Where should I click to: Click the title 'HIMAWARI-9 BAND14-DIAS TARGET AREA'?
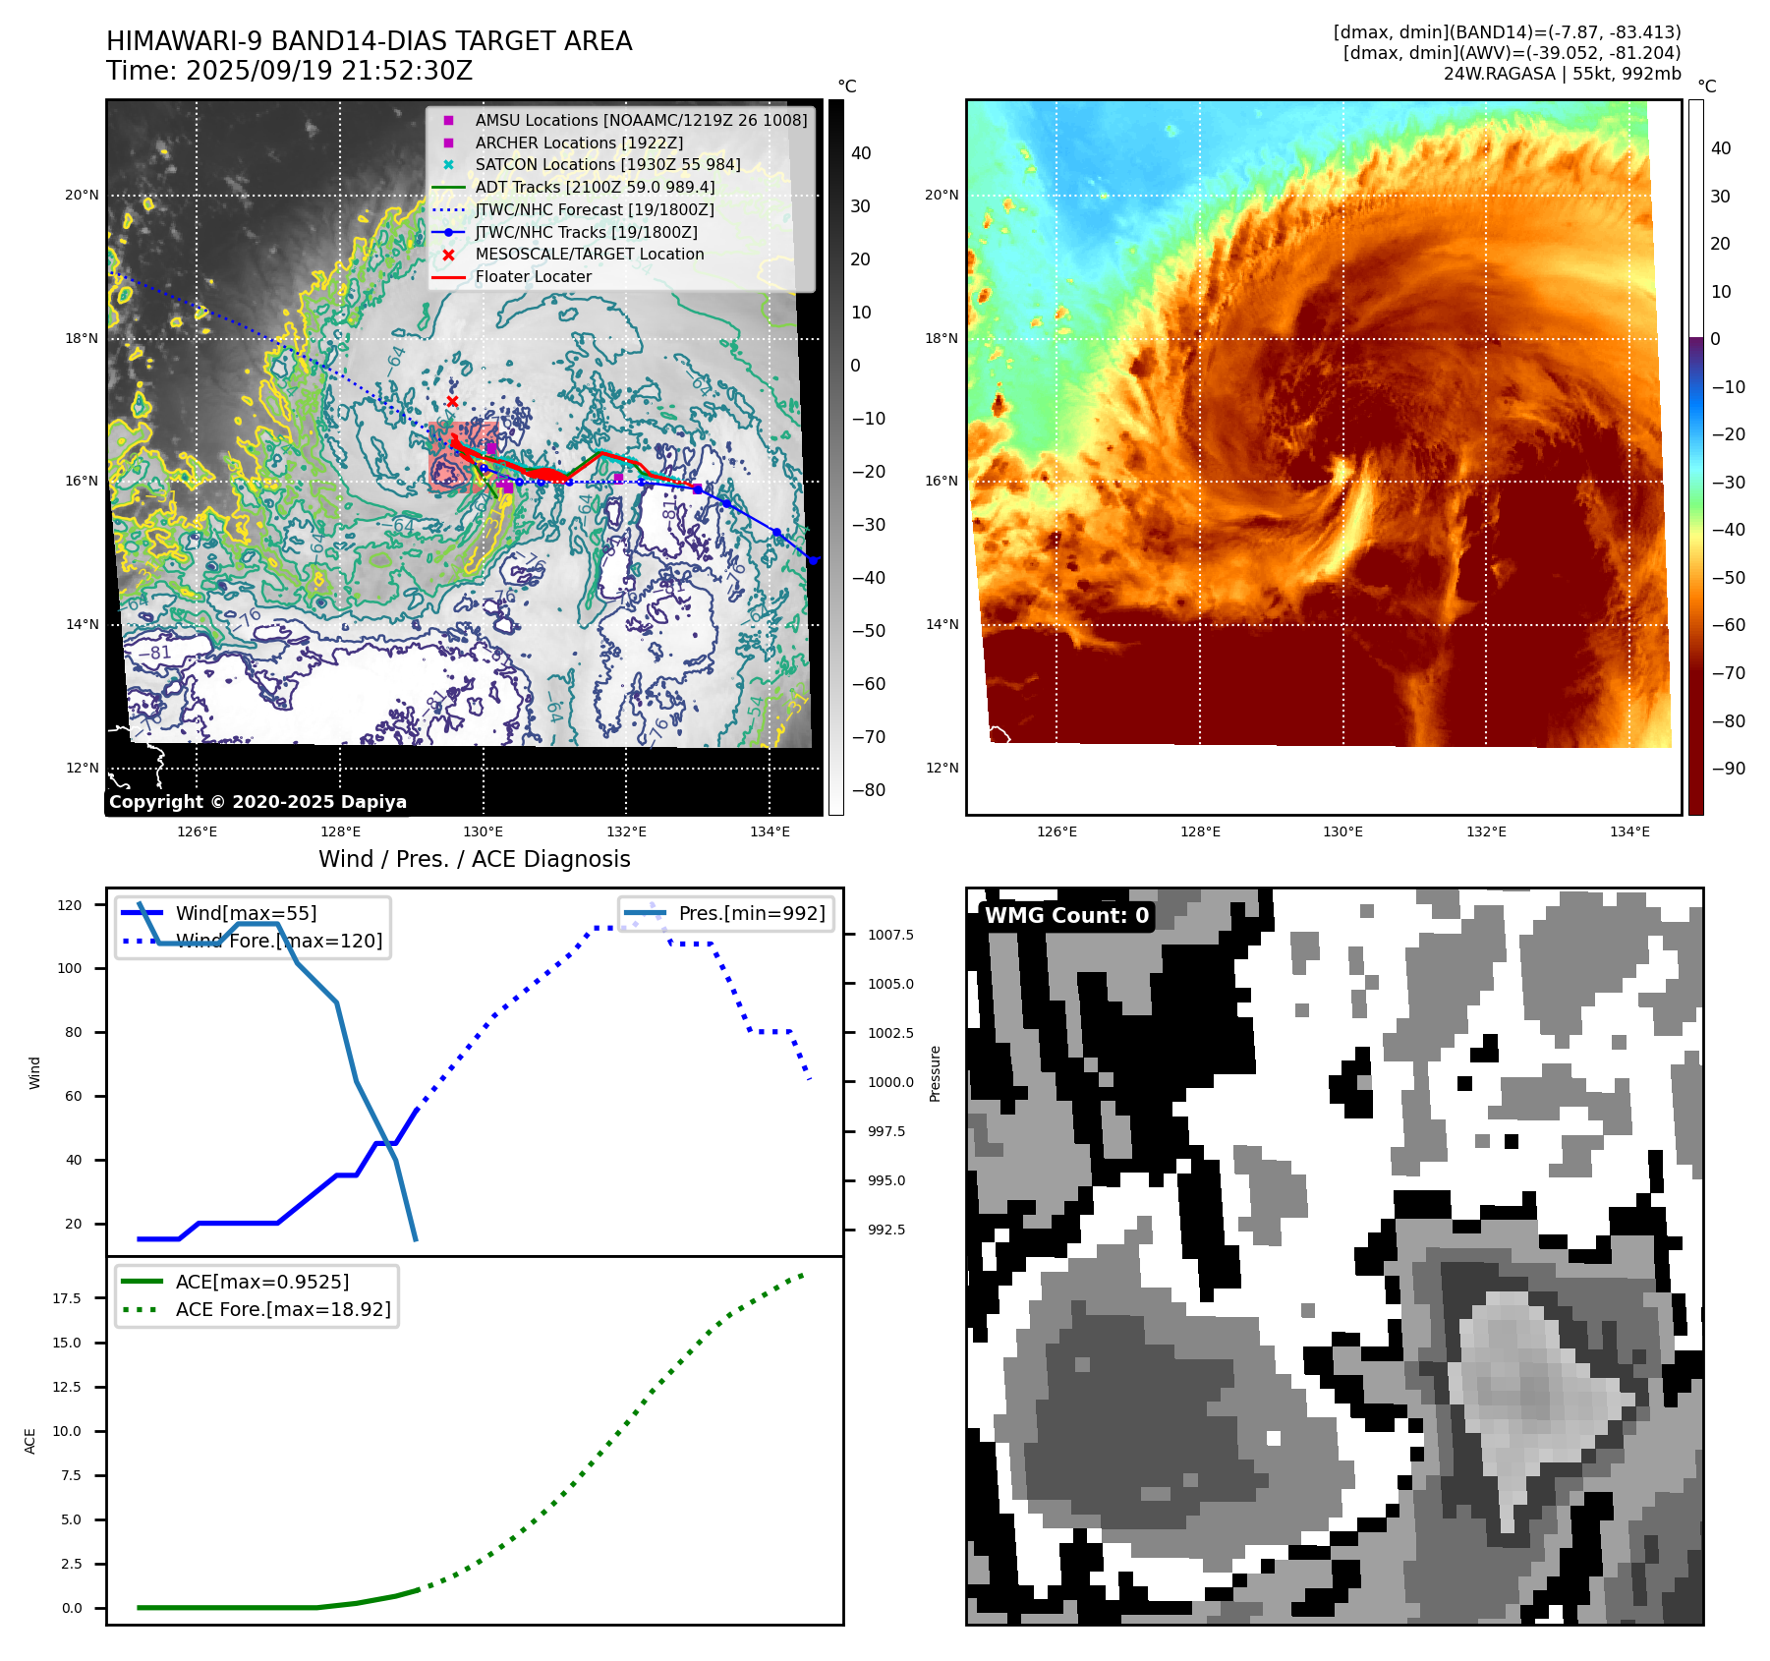point(369,41)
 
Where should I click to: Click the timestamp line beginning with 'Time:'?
point(289,71)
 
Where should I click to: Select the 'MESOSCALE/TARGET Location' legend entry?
point(589,254)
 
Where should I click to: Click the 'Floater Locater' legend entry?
point(533,276)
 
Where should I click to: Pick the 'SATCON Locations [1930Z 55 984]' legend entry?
point(607,164)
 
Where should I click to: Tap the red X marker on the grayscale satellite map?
point(452,401)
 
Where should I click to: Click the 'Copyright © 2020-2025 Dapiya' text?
point(257,801)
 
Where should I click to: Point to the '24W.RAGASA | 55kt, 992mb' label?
point(1562,74)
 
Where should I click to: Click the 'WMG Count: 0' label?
point(1066,915)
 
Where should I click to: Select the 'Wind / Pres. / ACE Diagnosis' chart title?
point(474,859)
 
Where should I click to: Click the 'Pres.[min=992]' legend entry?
point(752,913)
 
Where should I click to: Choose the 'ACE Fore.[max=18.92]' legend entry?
point(282,1309)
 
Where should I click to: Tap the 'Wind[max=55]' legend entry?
point(246,913)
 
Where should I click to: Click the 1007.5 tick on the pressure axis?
point(890,935)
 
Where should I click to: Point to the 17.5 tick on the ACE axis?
point(67,1298)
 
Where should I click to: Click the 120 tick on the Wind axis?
point(70,905)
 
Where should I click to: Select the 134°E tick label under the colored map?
point(1629,831)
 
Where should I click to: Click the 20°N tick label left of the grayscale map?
point(82,195)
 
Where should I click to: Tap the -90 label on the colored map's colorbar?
point(1728,769)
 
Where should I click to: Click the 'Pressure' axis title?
point(935,1073)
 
